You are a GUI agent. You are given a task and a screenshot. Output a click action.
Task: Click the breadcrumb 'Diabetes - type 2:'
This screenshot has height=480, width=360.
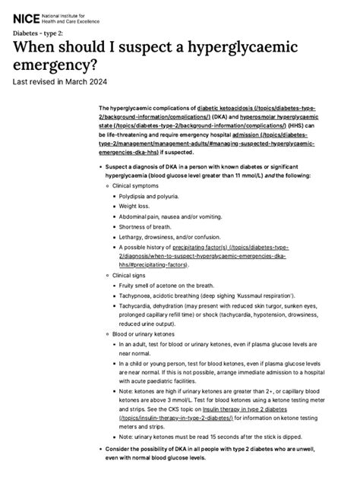point(43,35)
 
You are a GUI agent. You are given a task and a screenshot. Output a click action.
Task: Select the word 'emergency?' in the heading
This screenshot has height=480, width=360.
point(61,67)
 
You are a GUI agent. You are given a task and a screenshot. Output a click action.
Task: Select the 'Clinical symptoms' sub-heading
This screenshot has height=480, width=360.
point(137,185)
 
